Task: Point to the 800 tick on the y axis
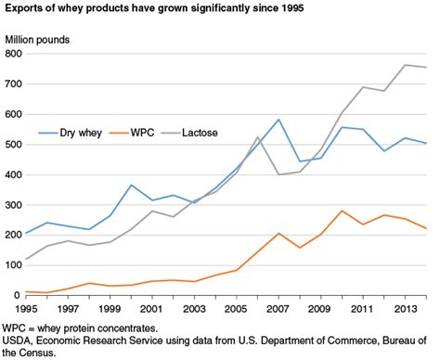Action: coord(13,54)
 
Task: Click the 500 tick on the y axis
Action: coord(13,145)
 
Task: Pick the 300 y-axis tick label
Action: coord(13,205)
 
